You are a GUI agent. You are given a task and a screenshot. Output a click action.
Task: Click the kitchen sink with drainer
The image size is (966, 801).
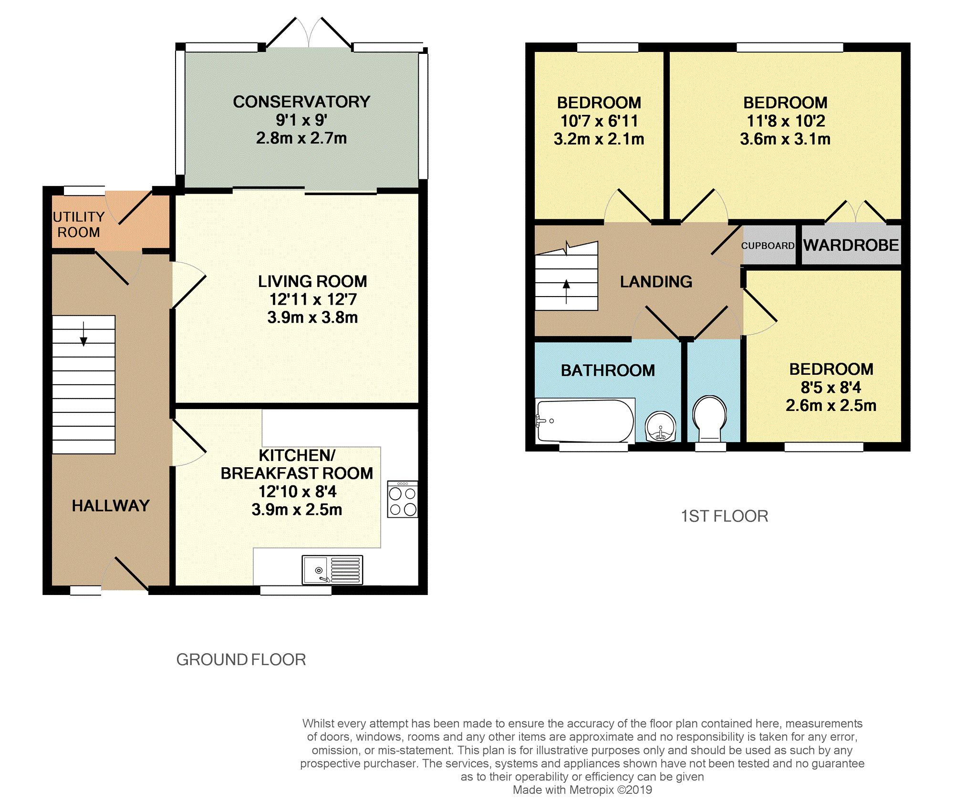pos(332,570)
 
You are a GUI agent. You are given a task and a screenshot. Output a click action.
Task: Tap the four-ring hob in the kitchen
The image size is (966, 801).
pos(403,499)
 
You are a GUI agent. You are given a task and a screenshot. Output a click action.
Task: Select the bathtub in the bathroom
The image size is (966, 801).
pos(585,421)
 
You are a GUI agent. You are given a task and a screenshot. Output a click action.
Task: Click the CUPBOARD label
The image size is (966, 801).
pos(768,246)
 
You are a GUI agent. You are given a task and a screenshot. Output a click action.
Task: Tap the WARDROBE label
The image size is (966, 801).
pos(851,245)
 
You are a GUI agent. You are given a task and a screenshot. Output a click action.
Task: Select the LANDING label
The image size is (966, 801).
pos(656,282)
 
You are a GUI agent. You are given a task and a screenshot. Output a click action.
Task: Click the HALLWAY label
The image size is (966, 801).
pos(111,505)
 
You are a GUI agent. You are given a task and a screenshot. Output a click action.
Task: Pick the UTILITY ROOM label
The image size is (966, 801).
pos(79,225)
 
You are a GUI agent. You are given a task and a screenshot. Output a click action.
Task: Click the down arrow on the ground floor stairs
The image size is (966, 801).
pos(83,334)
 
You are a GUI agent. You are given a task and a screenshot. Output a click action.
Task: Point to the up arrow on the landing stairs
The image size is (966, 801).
pos(566,291)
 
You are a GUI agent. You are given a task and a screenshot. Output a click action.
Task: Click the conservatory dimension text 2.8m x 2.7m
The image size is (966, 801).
pos(301,138)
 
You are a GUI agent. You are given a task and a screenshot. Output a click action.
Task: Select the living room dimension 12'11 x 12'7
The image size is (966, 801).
pos(313,299)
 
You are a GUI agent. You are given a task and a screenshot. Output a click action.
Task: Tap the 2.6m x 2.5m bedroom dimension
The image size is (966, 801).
pos(831,406)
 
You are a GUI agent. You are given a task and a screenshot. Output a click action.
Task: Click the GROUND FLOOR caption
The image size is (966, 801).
pos(241,659)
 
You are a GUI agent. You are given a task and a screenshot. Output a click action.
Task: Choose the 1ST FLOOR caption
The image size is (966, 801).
pos(724,516)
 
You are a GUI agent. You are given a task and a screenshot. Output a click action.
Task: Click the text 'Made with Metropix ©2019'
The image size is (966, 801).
pos(582,790)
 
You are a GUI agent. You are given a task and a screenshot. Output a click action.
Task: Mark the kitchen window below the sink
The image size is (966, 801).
pos(296,590)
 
